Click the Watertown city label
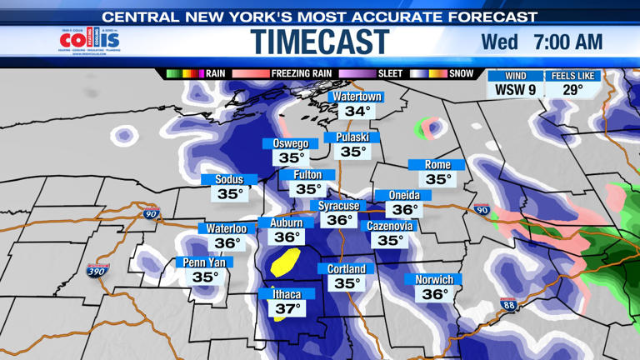tap(357, 97)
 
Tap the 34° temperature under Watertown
tap(357, 112)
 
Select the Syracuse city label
tap(339, 206)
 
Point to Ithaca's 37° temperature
tap(287, 309)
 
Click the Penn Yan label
tap(206, 262)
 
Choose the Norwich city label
tap(434, 280)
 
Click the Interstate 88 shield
tap(508, 305)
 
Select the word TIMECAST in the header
tap(320, 42)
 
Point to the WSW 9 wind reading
tap(516, 90)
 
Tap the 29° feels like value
tap(572, 90)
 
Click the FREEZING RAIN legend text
tap(302, 74)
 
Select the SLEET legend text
tap(390, 74)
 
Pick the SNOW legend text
tap(461, 74)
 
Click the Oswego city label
tap(291, 143)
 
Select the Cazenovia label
tap(390, 226)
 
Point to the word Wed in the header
tap(499, 42)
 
